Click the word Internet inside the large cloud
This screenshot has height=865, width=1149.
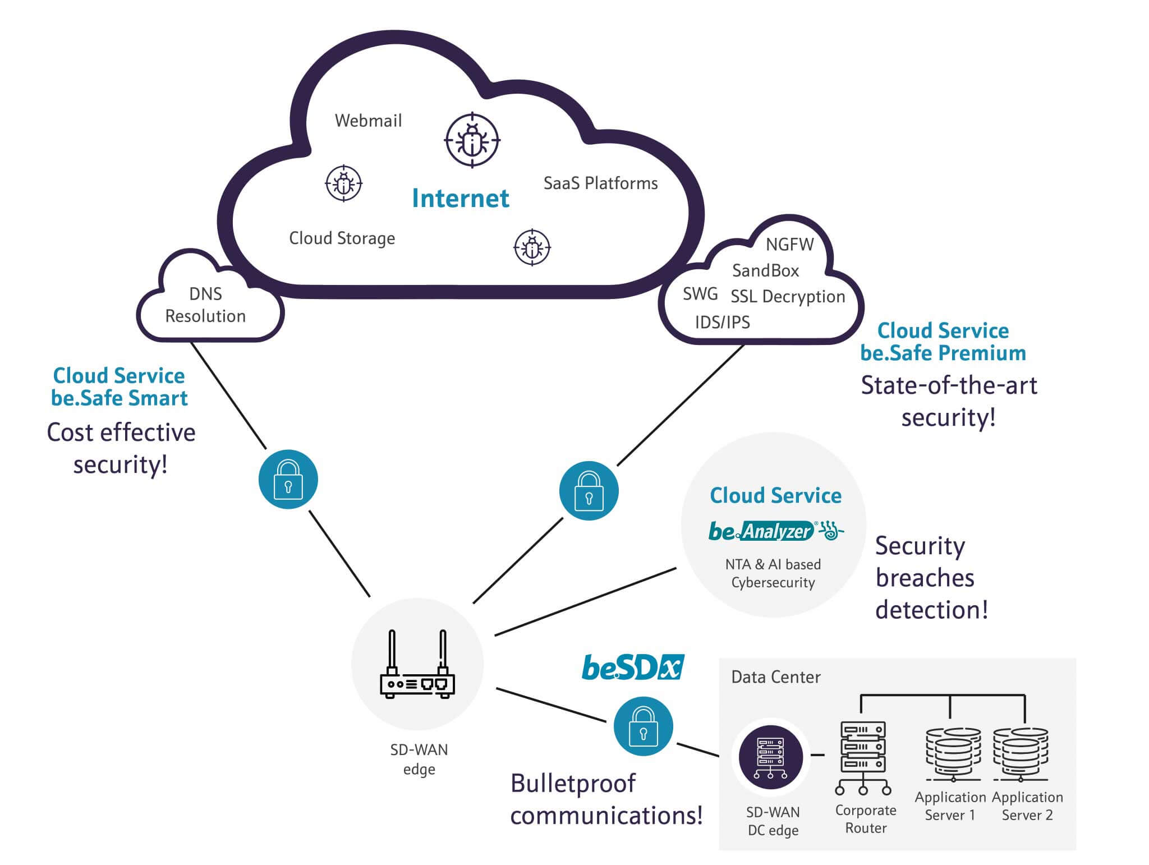460,198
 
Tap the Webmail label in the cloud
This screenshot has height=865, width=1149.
368,121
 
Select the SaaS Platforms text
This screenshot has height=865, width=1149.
600,183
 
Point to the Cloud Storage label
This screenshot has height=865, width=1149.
342,238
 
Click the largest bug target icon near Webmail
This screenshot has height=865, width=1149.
472,140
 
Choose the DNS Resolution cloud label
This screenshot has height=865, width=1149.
205,305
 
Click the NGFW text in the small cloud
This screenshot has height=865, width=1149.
789,245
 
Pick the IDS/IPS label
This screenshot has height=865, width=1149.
722,323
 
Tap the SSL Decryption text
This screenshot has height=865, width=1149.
787,297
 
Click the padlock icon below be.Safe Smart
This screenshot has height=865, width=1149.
288,480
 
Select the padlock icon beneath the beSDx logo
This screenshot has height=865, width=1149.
643,726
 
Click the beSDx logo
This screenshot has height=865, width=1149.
633,668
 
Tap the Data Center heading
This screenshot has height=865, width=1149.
775,677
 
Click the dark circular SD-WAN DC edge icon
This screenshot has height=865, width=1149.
770,757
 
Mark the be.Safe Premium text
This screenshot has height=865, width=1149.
943,353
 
